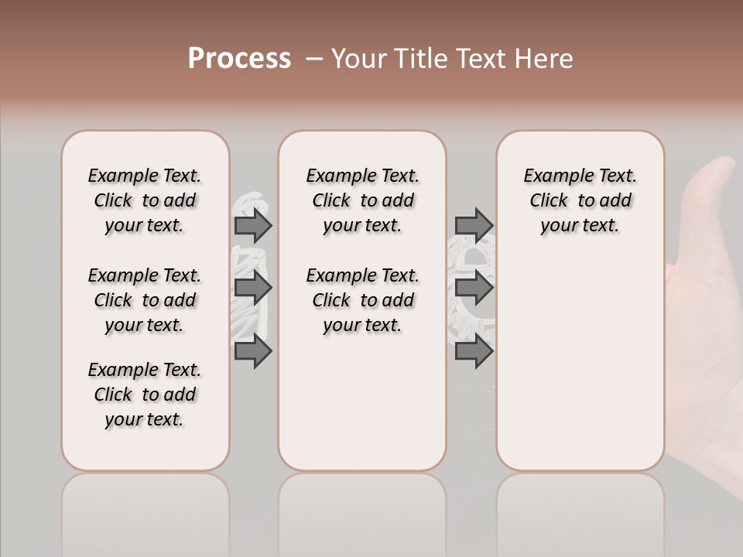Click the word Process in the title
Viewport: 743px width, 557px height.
pyautogui.click(x=239, y=58)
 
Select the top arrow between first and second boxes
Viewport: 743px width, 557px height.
pyautogui.click(x=253, y=225)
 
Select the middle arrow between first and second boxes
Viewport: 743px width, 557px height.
pyautogui.click(x=253, y=289)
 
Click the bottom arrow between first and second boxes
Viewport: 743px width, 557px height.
pyautogui.click(x=253, y=351)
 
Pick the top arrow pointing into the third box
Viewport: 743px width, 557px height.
pyautogui.click(x=474, y=225)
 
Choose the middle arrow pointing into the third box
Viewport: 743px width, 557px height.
pyautogui.click(x=474, y=289)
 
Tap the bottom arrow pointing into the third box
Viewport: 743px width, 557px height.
pyautogui.click(x=474, y=351)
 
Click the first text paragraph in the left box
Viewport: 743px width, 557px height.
pyautogui.click(x=145, y=200)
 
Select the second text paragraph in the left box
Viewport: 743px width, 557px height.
pyautogui.click(x=145, y=300)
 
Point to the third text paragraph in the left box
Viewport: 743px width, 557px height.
pyautogui.click(x=145, y=395)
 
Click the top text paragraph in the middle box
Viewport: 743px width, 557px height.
pyautogui.click(x=362, y=200)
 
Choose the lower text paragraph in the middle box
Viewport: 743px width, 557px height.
pyautogui.click(x=362, y=300)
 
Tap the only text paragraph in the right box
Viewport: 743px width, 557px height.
pyautogui.click(x=580, y=200)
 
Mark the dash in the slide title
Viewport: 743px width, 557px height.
pyautogui.click(x=314, y=59)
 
